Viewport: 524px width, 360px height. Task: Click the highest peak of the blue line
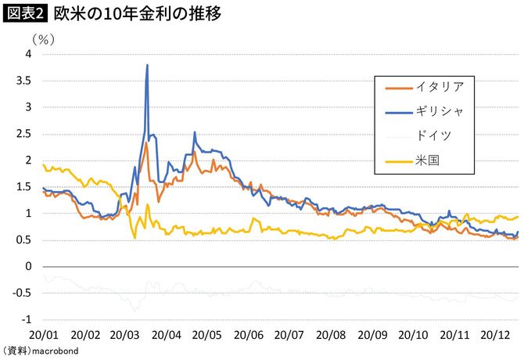(147, 65)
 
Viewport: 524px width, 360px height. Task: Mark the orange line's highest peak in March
(146, 142)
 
